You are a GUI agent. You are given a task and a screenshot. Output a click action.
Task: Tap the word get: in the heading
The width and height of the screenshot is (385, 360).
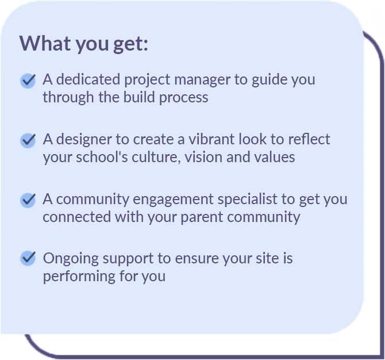point(131,44)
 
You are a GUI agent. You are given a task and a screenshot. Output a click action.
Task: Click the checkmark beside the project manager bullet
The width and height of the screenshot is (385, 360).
point(28,81)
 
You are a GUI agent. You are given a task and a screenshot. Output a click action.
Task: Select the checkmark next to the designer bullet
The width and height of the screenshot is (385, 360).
point(28,140)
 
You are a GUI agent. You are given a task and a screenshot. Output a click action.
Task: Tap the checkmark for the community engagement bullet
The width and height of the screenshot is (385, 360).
point(28,200)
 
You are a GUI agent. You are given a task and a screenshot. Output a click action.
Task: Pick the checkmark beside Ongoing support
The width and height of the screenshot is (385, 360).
point(28,258)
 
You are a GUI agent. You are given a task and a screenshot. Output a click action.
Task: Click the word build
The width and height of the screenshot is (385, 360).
point(139,97)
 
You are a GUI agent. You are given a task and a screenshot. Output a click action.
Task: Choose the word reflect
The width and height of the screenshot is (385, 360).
point(309,139)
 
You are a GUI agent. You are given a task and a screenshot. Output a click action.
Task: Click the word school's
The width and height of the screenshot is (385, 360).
point(102,157)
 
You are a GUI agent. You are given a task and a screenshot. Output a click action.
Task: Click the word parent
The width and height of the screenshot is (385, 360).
point(202,217)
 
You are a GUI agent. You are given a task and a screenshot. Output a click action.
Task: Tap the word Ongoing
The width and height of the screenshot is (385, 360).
point(71,259)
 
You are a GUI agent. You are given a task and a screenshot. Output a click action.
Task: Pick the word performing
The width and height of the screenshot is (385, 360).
point(79,277)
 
